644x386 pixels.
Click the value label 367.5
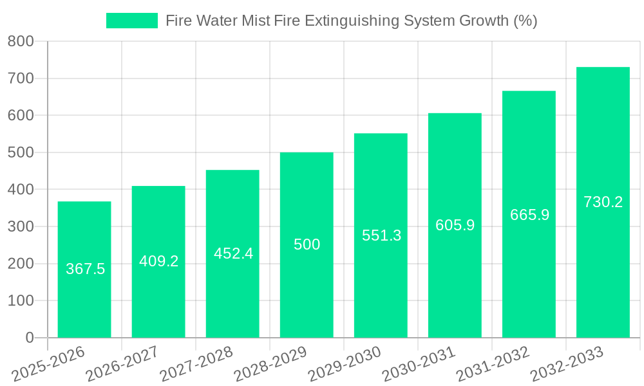tap(85, 269)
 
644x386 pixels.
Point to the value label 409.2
tap(158, 261)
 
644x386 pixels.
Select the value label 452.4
tap(233, 253)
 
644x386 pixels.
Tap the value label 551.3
tap(381, 235)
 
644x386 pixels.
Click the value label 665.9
tap(529, 215)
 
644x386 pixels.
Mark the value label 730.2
tap(603, 202)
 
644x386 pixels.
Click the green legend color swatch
tap(131, 21)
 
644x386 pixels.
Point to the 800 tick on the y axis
tap(21, 42)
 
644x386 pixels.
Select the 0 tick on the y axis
tap(29, 338)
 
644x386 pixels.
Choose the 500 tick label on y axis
tap(21, 152)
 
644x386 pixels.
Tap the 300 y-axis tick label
tap(21, 226)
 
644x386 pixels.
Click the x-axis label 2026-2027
tap(123, 364)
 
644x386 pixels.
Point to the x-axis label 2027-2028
tap(197, 364)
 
